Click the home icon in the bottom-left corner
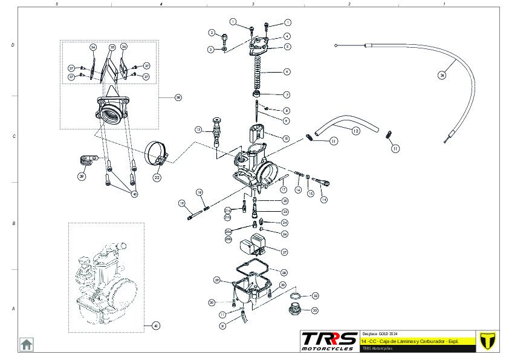pyautogui.click(x=27, y=344)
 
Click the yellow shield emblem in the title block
pyautogui.click(x=487, y=341)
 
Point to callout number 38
pyautogui.click(x=178, y=97)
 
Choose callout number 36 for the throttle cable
pyautogui.click(x=442, y=76)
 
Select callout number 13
pyautogui.click(x=198, y=130)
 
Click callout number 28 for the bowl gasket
pyautogui.click(x=284, y=272)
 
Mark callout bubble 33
pyautogui.click(x=315, y=310)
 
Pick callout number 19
pyautogui.click(x=181, y=203)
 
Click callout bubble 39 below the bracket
pyautogui.click(x=82, y=176)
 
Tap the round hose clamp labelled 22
pyautogui.click(x=157, y=155)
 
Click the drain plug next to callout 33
pyautogui.click(x=296, y=311)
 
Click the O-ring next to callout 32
pyautogui.click(x=296, y=296)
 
